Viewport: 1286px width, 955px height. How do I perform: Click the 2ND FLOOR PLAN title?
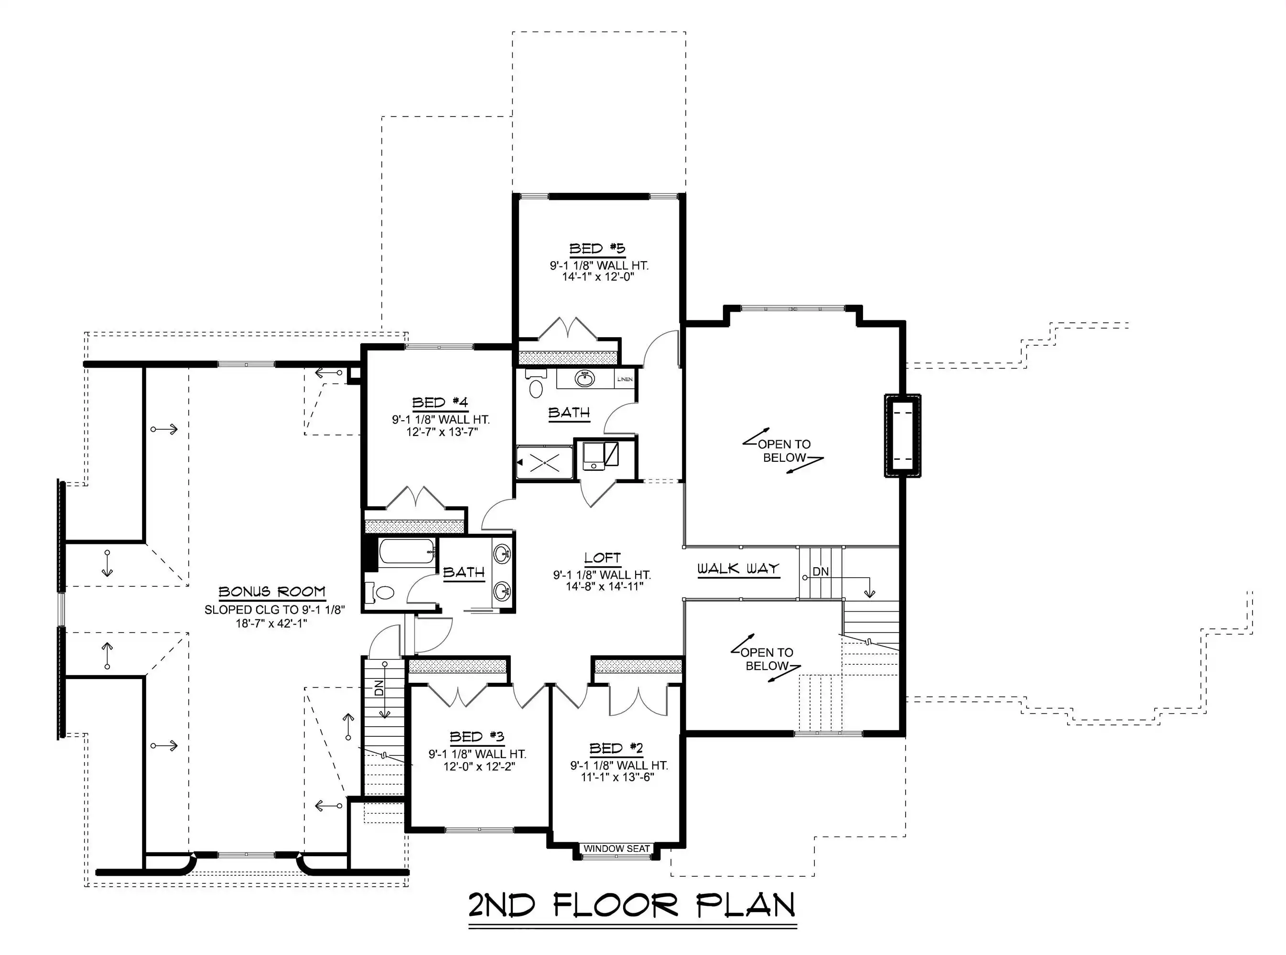click(x=632, y=905)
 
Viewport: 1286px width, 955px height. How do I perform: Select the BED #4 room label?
click(x=440, y=403)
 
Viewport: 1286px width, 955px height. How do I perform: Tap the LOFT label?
click(x=602, y=557)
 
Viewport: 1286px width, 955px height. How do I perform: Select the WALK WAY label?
click(x=738, y=568)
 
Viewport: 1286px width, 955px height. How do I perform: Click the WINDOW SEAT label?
click(x=616, y=849)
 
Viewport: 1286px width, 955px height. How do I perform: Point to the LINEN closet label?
click(x=625, y=379)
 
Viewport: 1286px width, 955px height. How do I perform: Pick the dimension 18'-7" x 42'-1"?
click(x=271, y=623)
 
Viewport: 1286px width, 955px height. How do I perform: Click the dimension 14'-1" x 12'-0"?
click(x=598, y=277)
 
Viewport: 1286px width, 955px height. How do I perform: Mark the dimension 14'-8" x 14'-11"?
click(x=604, y=587)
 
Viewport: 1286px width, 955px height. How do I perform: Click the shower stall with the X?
click(x=544, y=463)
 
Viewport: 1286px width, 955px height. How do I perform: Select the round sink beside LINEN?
click(x=584, y=379)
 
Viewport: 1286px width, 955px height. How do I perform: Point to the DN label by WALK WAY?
click(x=821, y=571)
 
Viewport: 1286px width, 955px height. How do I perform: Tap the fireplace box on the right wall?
click(x=902, y=435)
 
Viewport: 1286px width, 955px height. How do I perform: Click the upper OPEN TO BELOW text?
click(x=784, y=451)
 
